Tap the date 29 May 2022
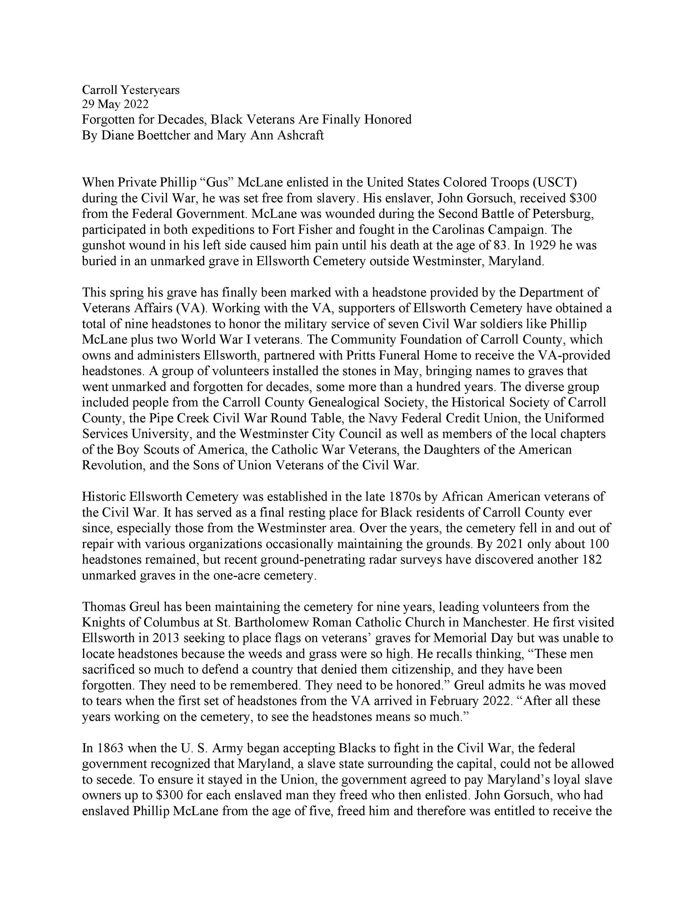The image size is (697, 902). (x=115, y=105)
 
